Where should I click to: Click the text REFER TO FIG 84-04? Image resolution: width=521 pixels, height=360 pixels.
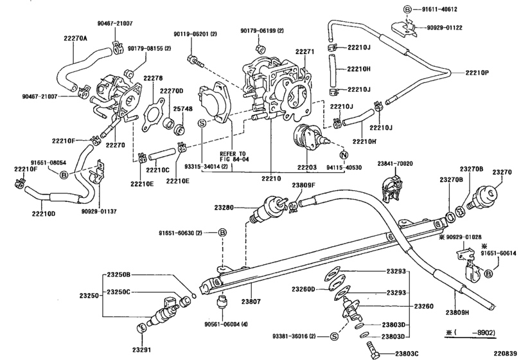point(233,157)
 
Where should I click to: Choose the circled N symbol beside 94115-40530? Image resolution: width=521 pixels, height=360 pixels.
point(343,155)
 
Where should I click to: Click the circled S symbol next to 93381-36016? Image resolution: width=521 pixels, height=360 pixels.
point(334,336)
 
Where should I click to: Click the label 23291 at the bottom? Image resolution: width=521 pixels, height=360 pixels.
point(142,350)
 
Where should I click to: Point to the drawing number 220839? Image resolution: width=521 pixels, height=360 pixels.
point(504,353)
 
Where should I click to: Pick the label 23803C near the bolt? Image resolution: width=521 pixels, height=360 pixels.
point(394,353)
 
